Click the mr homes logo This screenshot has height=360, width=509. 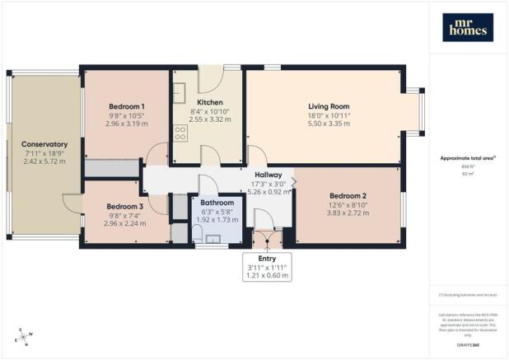(468, 27)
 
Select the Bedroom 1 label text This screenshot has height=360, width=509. (127, 106)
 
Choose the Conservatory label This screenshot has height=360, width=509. (44, 144)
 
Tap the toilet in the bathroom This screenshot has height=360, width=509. (200, 239)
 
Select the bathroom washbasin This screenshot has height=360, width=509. (217, 240)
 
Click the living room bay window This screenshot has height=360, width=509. (415, 109)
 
